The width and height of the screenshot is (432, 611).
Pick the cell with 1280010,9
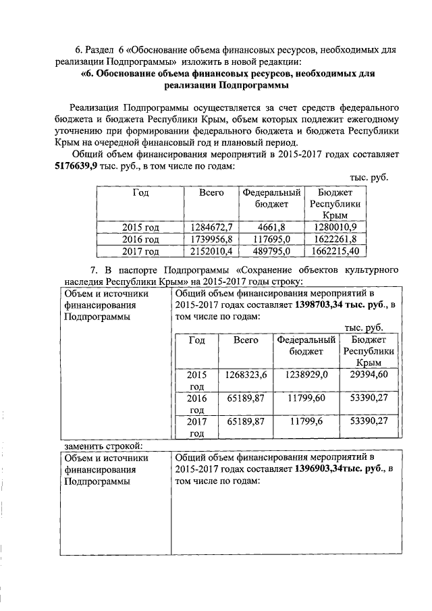point(335,227)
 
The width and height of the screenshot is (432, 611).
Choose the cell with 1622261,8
point(335,239)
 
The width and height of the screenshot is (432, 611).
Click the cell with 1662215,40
point(335,251)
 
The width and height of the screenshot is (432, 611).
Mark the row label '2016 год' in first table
point(140,239)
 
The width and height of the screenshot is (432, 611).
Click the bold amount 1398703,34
point(321,305)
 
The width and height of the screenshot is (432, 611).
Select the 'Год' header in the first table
point(140,192)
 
